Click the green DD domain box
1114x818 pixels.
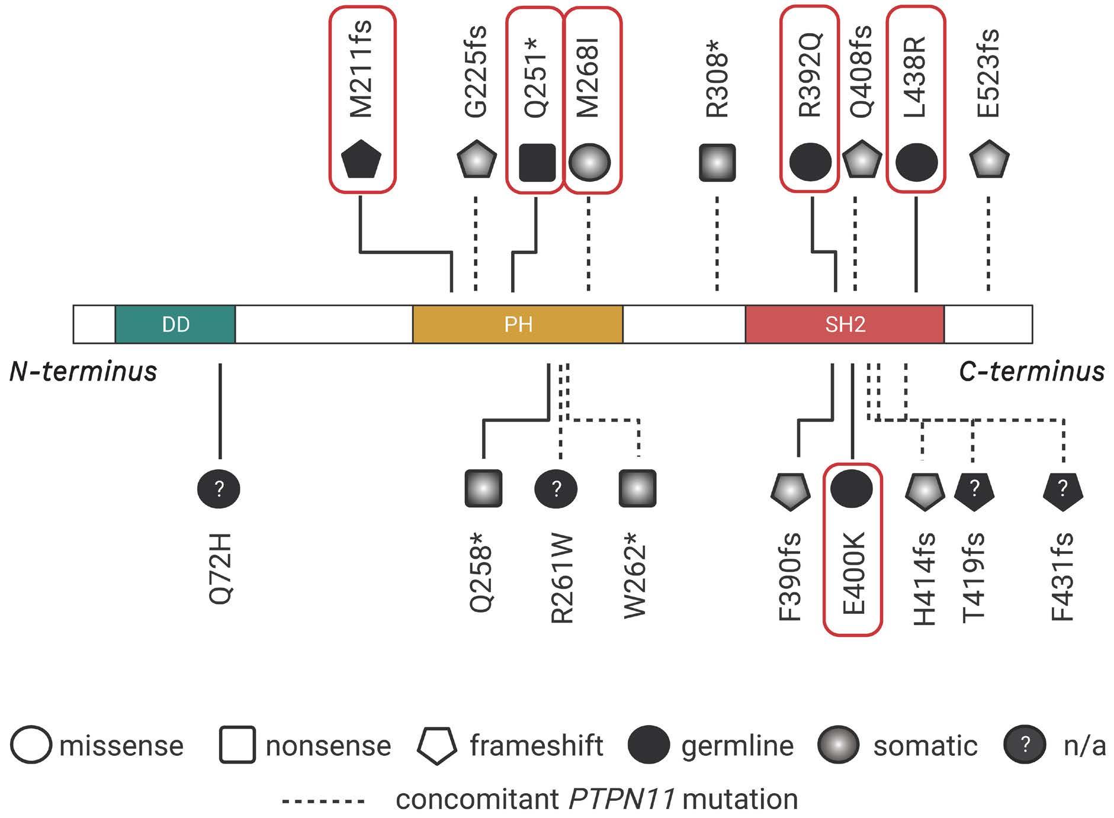(175, 324)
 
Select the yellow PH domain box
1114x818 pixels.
(518, 324)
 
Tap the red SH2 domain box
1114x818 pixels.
(845, 324)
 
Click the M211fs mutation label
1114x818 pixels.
(361, 69)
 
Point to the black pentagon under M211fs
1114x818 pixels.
(361, 160)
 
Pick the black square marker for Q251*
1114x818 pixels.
(537, 162)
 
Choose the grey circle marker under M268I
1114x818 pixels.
(589, 162)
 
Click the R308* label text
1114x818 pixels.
(717, 85)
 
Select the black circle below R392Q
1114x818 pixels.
(811, 162)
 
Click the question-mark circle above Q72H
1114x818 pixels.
(219, 489)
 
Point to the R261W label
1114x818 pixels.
(561, 579)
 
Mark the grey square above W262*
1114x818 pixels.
(638, 489)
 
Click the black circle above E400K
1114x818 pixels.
(852, 488)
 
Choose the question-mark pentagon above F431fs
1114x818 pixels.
(1063, 490)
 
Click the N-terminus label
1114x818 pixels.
(84, 372)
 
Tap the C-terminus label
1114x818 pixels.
(1032, 372)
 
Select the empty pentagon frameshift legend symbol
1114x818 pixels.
(437, 746)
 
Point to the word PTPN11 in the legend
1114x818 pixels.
(622, 800)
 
